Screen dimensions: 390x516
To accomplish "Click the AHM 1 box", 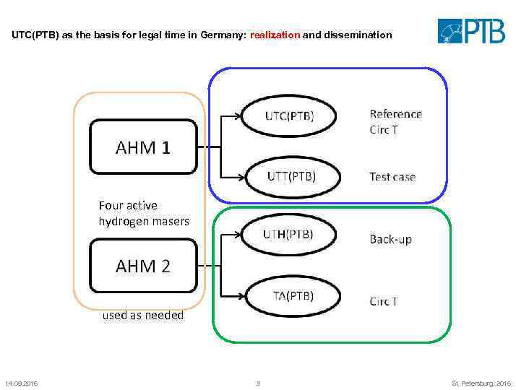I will point(143,147).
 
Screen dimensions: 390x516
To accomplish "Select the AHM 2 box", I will point(143,266).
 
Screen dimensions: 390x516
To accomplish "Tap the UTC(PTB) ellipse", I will point(289,116).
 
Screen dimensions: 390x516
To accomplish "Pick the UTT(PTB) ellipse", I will point(291,175).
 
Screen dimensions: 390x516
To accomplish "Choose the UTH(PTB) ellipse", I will point(288,234).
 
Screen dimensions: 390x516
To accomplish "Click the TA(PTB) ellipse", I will point(293,295).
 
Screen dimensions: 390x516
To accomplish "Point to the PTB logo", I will point(472,31).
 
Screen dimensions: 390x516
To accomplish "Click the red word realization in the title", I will point(275,35).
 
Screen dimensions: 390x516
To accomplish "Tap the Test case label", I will point(392,176).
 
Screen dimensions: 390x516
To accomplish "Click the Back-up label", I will point(390,239).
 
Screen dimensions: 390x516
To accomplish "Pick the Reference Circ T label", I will point(395,121).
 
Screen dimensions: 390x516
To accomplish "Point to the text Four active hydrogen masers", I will point(144,213).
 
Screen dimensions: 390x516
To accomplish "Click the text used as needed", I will point(143,315).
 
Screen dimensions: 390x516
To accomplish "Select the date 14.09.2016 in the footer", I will point(21,383).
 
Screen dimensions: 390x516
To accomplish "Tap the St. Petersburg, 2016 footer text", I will point(481,383).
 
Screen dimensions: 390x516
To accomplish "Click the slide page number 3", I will point(258,383).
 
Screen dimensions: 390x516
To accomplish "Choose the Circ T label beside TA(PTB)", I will point(384,301).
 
